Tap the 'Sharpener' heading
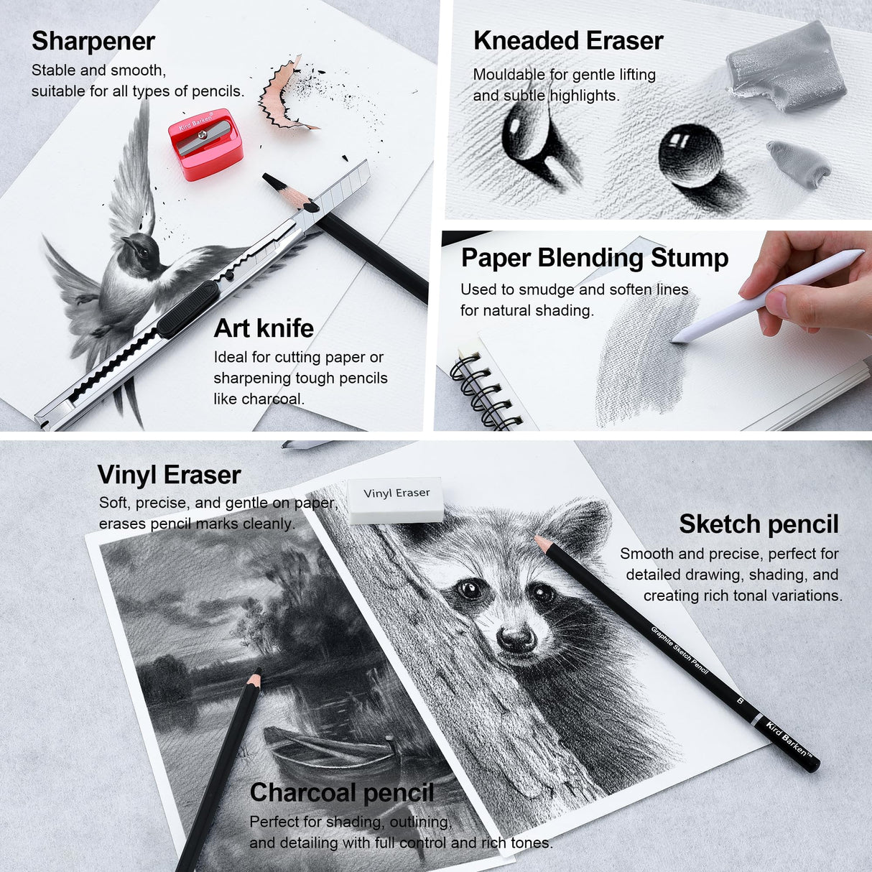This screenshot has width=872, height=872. (x=93, y=41)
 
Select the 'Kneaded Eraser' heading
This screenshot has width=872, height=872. (x=567, y=40)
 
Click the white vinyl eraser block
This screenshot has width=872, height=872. (x=396, y=499)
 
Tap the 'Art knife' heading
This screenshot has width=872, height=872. (x=264, y=328)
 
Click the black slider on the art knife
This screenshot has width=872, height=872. (x=187, y=310)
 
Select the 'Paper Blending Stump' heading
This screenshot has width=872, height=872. (x=595, y=257)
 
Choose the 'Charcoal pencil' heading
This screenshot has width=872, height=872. (x=342, y=792)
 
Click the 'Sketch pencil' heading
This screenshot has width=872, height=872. (x=759, y=524)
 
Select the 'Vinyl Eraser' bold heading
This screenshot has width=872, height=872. (x=169, y=475)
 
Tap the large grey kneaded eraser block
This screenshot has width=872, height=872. (x=787, y=65)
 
